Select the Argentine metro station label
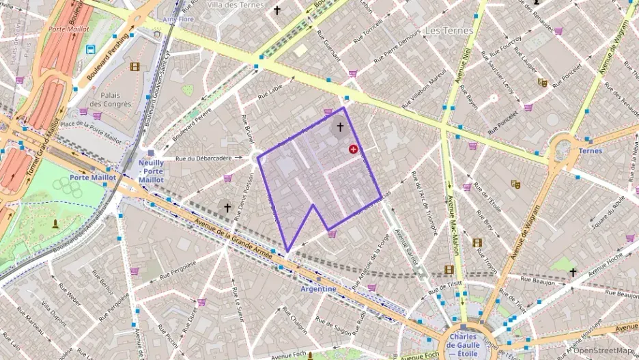pos(318,289)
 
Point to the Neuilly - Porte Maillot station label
pos(151,171)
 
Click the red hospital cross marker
pos(353,149)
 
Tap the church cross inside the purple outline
pos(339,128)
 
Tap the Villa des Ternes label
pos(235,5)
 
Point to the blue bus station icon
pos(91,49)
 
